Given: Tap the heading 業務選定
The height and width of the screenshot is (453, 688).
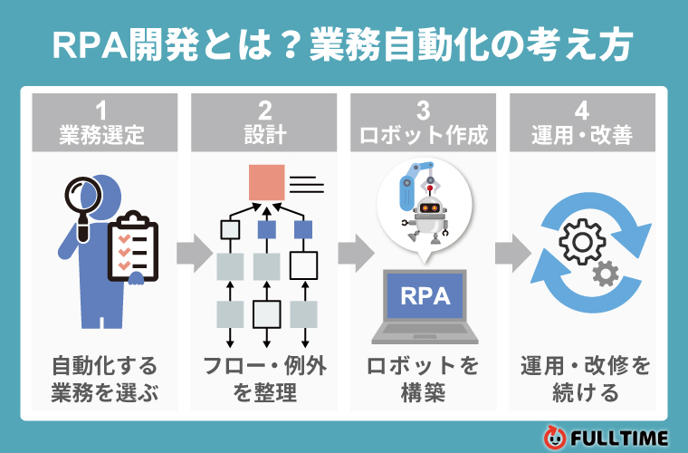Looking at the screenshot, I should click(101, 137).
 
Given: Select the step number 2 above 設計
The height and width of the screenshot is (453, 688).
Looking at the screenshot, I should click(264, 111).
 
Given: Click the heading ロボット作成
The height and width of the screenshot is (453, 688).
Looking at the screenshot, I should click(424, 137).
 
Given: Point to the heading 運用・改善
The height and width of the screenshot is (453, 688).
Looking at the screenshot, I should click(582, 137).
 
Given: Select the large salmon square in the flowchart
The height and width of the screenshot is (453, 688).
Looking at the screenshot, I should click(267, 182).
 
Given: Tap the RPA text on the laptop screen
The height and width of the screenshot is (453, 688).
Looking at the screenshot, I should click(425, 296).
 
